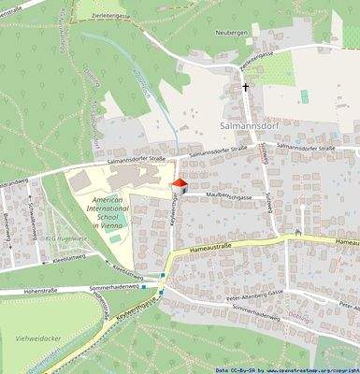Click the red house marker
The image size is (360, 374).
pyautogui.click(x=180, y=186)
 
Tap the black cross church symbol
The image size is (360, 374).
pyautogui.click(x=247, y=88)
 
